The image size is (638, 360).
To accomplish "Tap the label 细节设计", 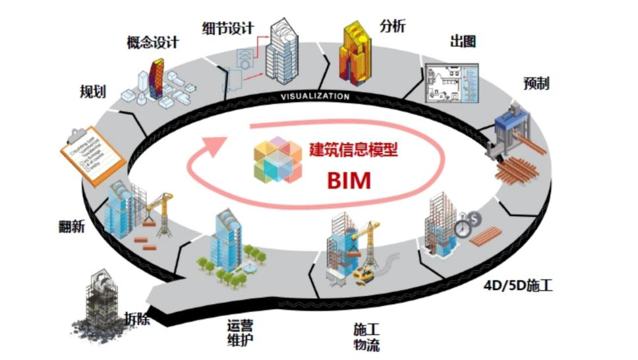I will tap(228, 28).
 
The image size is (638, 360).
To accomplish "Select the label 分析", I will tap(392, 26).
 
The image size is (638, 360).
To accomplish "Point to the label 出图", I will tap(463, 42).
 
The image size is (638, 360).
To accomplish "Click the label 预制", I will tap(536, 83).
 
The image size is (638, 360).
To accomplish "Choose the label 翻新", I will tap(71, 226).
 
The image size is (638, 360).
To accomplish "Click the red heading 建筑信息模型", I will tap(355, 149).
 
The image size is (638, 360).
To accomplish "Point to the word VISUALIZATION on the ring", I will tap(315, 96).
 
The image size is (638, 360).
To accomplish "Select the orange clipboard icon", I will tap(92, 151).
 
